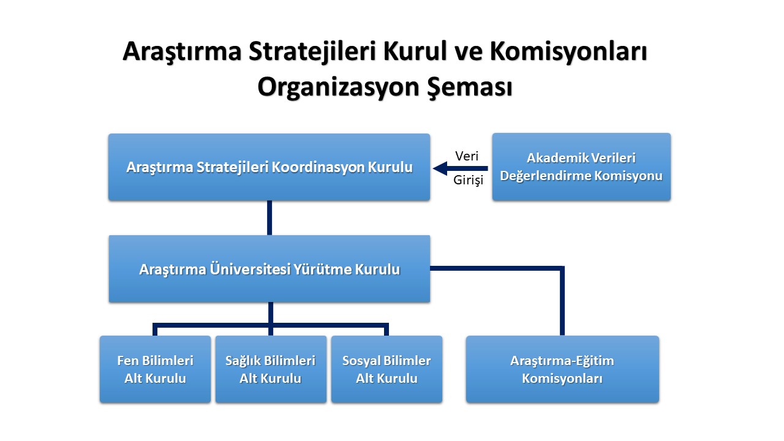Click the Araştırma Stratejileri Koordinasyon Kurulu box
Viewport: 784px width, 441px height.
[269, 167]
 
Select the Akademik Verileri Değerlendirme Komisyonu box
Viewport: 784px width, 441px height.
[581, 167]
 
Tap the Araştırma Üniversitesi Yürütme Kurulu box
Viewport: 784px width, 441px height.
[269, 269]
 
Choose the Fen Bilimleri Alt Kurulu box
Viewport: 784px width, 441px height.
[155, 369]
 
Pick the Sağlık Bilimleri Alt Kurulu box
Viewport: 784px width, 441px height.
[271, 369]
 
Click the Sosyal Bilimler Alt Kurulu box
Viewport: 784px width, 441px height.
[386, 369]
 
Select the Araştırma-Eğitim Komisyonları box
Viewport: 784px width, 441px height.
[562, 369]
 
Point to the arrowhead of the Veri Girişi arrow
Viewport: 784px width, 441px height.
[434, 168]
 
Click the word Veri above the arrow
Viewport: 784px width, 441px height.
[467, 156]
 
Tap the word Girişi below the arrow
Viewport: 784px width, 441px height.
[469, 180]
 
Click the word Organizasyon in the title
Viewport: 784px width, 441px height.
[338, 87]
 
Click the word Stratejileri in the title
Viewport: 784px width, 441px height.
[312, 51]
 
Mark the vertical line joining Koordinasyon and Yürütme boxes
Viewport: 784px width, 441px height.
[269, 217]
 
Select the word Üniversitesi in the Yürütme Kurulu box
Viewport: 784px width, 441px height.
[251, 269]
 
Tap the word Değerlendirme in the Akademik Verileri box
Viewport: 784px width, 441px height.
[546, 176]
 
